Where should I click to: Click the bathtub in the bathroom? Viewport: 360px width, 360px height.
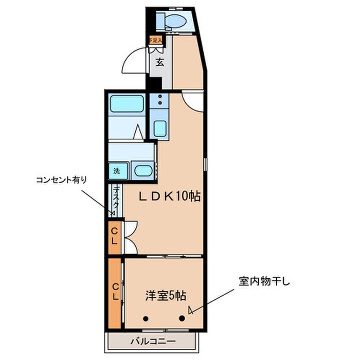tap(127, 104)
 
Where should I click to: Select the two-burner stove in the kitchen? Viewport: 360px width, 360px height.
tap(160, 100)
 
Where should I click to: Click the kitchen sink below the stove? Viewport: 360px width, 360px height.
tap(160, 127)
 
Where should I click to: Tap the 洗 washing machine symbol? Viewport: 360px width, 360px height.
tap(116, 170)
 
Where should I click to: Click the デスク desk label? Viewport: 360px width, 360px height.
tap(116, 199)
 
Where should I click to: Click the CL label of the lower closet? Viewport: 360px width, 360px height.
tap(116, 292)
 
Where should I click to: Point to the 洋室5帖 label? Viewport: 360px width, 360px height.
tap(165, 296)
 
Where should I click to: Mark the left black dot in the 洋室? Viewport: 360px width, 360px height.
tap(146, 318)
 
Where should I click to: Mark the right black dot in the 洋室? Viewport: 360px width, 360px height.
tap(182, 318)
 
